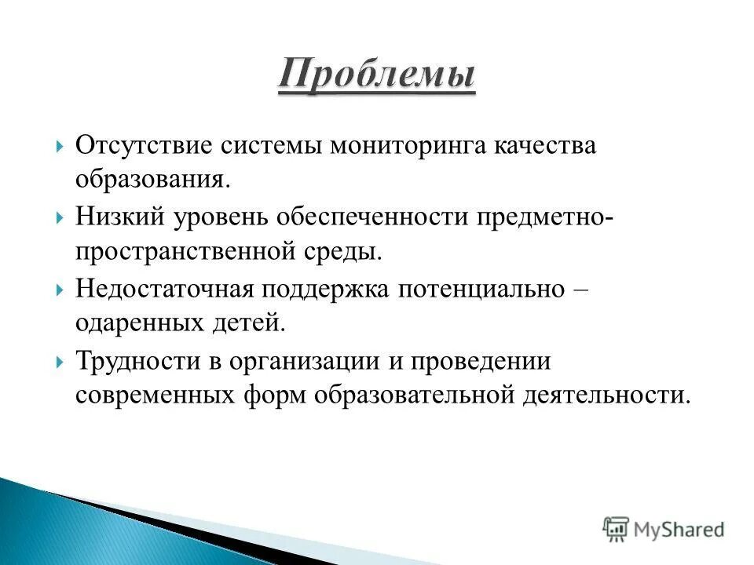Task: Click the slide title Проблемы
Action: pos(376,76)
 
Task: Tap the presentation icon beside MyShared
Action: pos(616,529)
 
